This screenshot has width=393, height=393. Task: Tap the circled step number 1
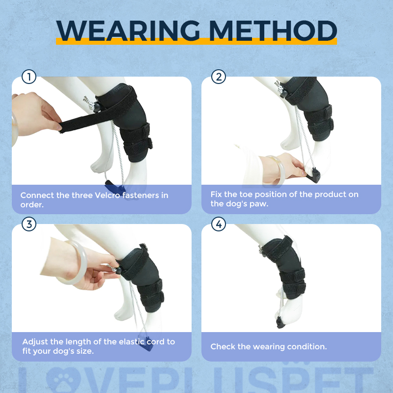coord(29,77)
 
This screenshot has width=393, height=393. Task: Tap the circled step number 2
coord(218,77)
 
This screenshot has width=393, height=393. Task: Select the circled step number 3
coord(29,225)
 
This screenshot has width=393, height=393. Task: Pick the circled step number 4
coord(218,225)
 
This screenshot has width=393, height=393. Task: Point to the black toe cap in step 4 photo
coord(280,323)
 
